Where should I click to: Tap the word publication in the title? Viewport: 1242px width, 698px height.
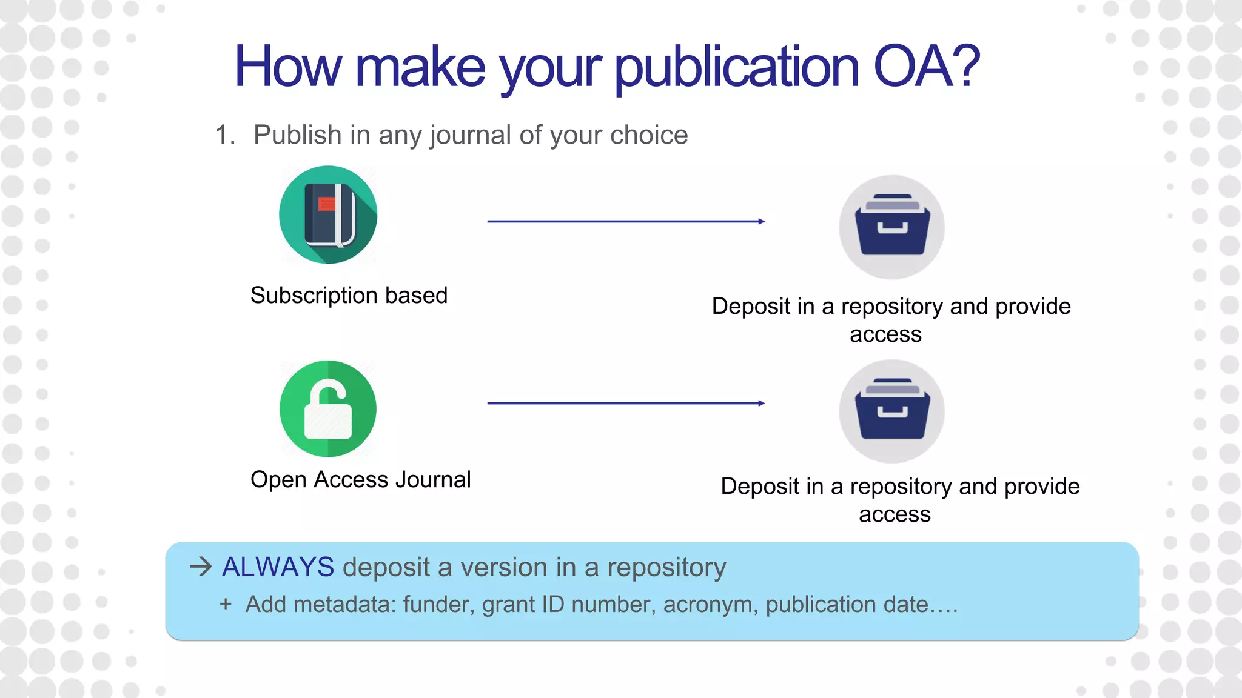[x=736, y=68]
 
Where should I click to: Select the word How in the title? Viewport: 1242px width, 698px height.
[x=288, y=67]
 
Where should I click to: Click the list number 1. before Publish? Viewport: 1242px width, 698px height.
[x=225, y=135]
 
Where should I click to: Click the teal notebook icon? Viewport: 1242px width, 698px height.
[x=328, y=214]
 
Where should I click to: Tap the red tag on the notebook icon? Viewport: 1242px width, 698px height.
[x=327, y=204]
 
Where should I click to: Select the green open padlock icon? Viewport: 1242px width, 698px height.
[x=328, y=408]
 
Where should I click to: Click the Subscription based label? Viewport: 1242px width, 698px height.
[x=349, y=295]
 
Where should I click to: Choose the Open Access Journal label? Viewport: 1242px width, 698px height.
[x=360, y=479]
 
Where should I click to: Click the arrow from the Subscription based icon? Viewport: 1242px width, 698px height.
[x=625, y=222]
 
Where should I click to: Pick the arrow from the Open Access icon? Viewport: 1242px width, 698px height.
[x=625, y=404]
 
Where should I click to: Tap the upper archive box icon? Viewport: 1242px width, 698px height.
[x=891, y=227]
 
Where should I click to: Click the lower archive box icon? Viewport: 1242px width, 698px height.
[x=891, y=411]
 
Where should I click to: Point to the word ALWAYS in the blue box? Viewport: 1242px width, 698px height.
[x=278, y=567]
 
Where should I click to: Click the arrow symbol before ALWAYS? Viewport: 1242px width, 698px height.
[x=201, y=567]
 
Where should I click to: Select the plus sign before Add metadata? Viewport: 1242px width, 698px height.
[x=226, y=604]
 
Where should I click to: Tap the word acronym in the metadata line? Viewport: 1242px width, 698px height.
[x=710, y=605]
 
